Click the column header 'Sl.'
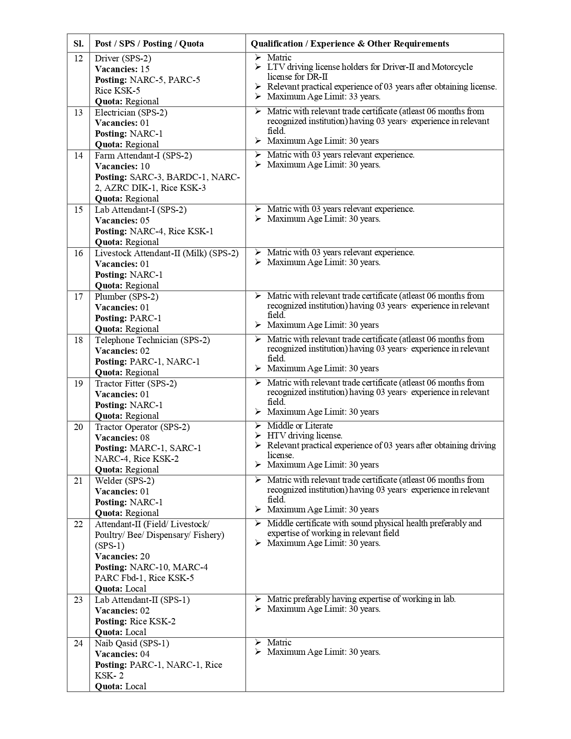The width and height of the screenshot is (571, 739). [78, 43]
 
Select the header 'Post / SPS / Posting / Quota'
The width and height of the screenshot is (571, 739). [149, 43]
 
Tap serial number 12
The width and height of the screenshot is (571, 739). [78, 58]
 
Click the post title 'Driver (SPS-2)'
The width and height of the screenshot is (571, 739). [123, 58]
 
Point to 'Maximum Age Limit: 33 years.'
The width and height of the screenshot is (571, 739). [323, 96]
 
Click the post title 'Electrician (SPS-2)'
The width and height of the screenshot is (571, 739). [131, 112]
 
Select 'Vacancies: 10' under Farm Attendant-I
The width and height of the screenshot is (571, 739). [122, 166]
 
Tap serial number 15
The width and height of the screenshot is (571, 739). [78, 210]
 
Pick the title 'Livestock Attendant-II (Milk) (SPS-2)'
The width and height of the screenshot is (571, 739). [167, 253]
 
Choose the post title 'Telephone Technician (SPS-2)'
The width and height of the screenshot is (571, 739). [152, 340]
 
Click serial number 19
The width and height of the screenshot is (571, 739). [78, 383]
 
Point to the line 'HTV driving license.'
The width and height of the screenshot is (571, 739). [305, 435]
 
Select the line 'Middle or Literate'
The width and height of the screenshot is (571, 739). [300, 425]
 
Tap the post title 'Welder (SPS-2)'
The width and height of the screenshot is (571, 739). [125, 481]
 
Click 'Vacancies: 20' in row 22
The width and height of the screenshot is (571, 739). [122, 556]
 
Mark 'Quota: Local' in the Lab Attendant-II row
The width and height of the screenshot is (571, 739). [120, 632]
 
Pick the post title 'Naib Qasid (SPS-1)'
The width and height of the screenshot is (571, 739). [132, 643]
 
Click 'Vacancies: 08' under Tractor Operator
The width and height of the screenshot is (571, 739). [122, 438]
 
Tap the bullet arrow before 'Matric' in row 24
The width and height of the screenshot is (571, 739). [258, 642]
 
